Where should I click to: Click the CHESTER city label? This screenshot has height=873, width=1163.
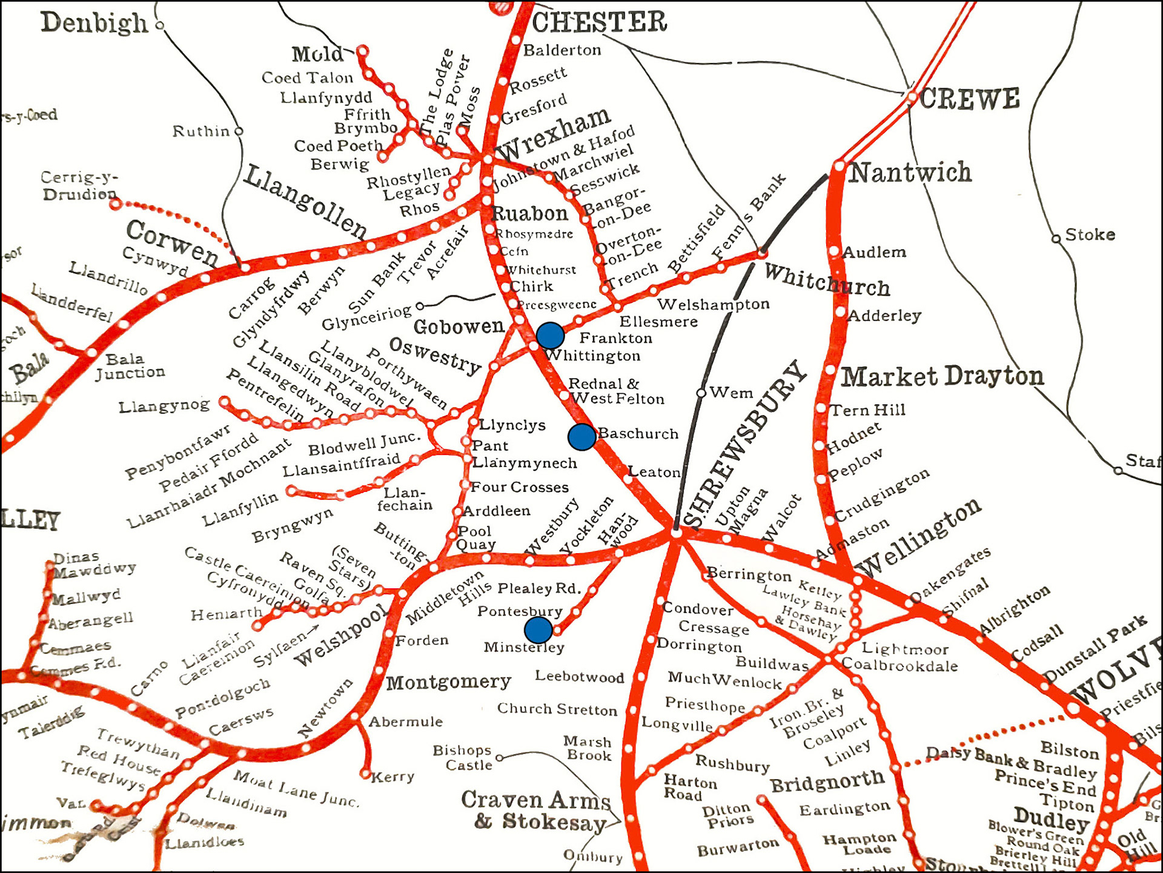pyautogui.click(x=599, y=22)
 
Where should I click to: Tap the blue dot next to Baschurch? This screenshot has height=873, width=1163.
pyautogui.click(x=581, y=437)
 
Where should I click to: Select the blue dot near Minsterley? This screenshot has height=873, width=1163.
pyautogui.click(x=538, y=630)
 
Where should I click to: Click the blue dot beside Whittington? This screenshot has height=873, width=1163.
pyautogui.click(x=550, y=335)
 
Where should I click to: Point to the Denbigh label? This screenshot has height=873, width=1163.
pyautogui.click(x=94, y=24)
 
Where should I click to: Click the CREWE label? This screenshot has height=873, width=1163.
pyautogui.click(x=970, y=99)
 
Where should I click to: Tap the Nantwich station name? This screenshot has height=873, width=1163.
pyautogui.click(x=910, y=173)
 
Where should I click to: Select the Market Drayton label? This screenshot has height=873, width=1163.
pyautogui.click(x=943, y=377)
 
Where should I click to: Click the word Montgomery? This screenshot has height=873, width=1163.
pyautogui.click(x=449, y=683)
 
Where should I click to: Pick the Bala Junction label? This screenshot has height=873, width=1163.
pyautogui.click(x=129, y=366)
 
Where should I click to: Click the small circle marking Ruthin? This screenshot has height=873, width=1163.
pyautogui.click(x=239, y=131)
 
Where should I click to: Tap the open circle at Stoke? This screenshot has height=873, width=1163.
pyautogui.click(x=1056, y=238)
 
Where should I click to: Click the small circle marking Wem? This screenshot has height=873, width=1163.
pyautogui.click(x=701, y=393)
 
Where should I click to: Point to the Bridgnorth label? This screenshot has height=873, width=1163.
pyautogui.click(x=827, y=781)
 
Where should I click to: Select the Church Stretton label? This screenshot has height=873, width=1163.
pyautogui.click(x=557, y=709)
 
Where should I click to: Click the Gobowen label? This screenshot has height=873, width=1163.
pyautogui.click(x=459, y=327)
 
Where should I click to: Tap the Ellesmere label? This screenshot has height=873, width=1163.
pyautogui.click(x=658, y=322)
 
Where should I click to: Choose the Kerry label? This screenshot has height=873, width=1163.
pyautogui.click(x=393, y=777)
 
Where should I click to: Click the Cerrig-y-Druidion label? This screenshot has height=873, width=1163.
pyautogui.click(x=79, y=185)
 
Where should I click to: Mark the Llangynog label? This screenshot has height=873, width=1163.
pyautogui.click(x=164, y=406)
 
